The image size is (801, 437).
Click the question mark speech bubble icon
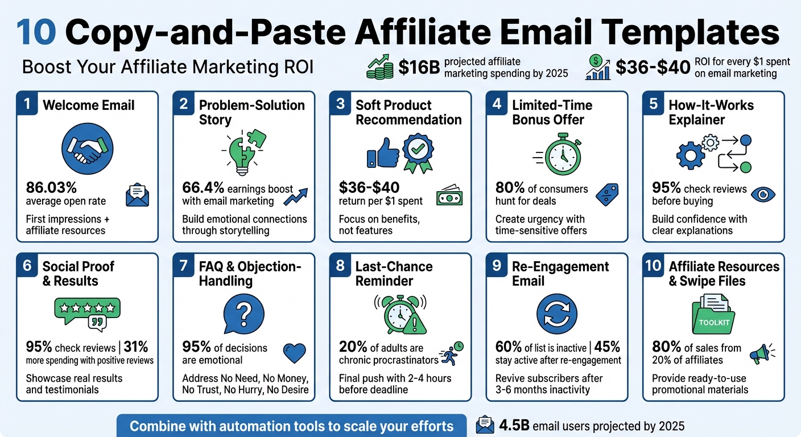tap(243, 314)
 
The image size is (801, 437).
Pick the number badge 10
tap(653, 266)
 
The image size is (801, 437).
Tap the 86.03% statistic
tap(51, 188)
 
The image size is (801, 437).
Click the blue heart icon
tap(294, 353)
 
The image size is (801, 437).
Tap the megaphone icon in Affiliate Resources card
tap(761, 353)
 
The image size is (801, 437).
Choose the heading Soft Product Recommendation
tap(408, 112)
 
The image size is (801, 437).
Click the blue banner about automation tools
tap(291, 426)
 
